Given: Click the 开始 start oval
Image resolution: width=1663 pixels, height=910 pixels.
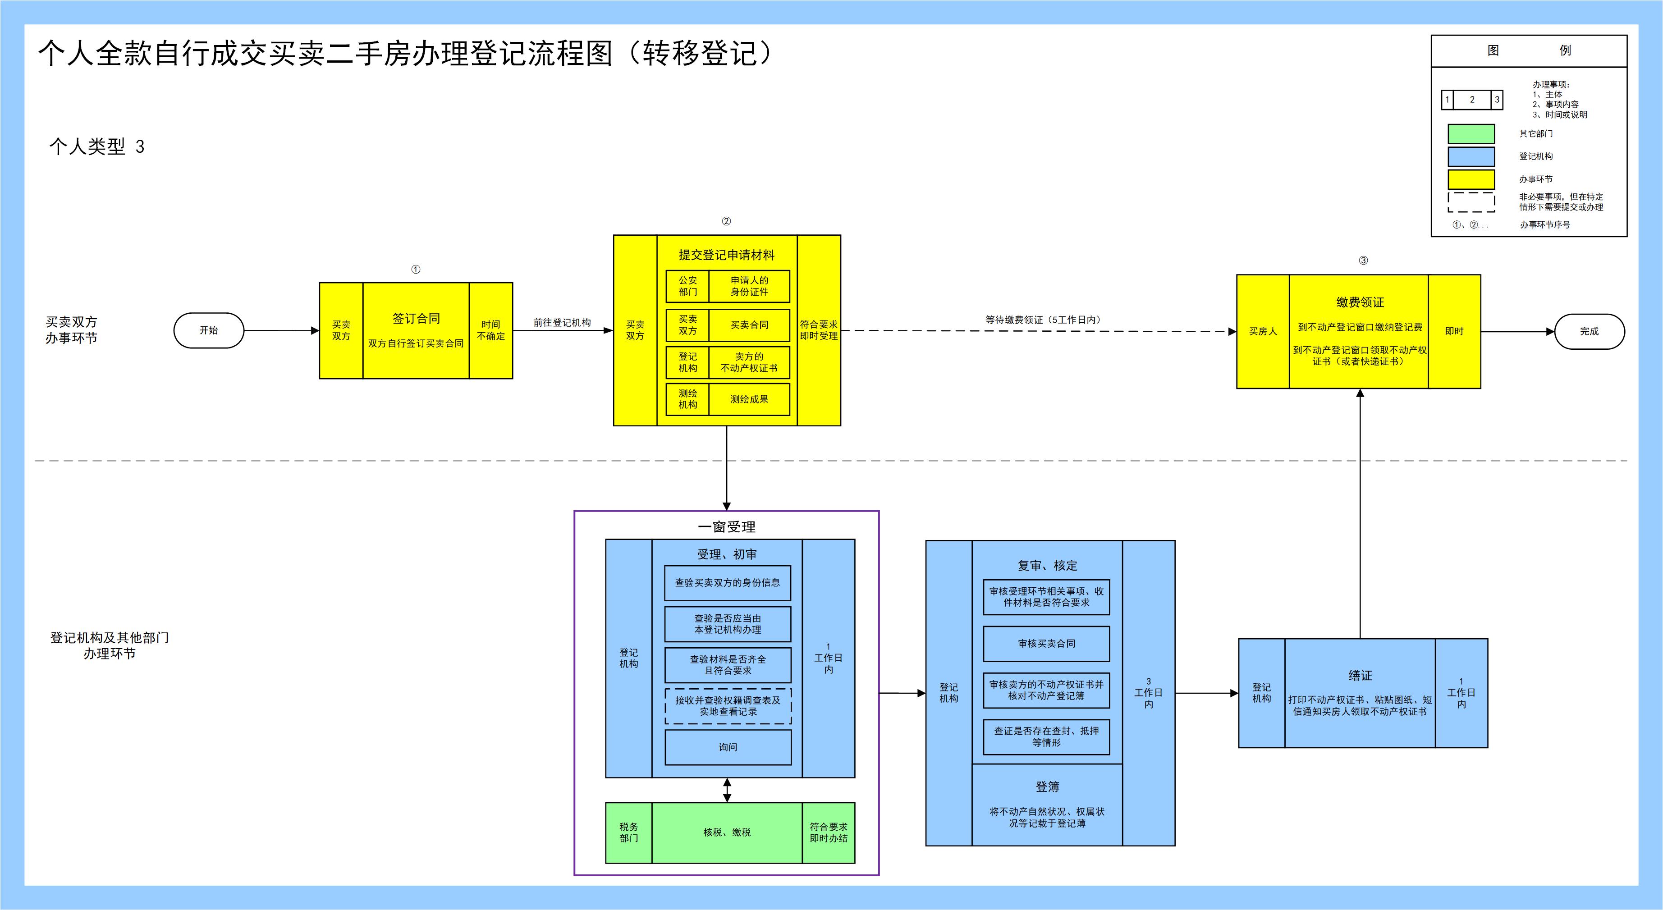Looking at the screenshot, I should tap(209, 330).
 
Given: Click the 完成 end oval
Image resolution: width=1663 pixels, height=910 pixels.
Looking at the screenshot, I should tap(1589, 331).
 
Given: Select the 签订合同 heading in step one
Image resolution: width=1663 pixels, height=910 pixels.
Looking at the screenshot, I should tap(416, 318).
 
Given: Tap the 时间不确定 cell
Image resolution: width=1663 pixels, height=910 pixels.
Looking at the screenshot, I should tap(490, 330).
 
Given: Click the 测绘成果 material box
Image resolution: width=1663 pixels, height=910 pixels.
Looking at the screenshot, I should tap(749, 399).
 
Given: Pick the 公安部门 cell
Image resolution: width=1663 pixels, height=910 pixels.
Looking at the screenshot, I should tap(687, 286).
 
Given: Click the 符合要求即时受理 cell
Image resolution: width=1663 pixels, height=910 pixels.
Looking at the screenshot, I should tap(819, 330).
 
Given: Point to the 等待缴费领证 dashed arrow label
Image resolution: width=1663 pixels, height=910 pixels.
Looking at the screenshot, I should tap(1043, 320).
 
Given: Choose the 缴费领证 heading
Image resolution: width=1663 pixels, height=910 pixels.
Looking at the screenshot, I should tap(1360, 302).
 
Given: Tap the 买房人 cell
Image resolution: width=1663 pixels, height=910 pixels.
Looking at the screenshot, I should tap(1263, 331).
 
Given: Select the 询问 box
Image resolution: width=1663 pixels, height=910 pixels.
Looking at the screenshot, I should tap(728, 747).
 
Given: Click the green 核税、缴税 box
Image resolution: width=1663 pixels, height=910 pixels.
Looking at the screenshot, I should tap(727, 832).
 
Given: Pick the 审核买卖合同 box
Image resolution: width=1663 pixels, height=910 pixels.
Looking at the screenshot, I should tap(1046, 644).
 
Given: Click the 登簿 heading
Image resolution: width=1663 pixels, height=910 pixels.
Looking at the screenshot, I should tap(1047, 787).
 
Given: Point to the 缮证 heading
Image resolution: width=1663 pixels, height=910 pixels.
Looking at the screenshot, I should tap(1360, 675).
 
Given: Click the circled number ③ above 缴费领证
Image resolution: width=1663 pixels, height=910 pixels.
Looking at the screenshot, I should tap(1363, 261).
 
